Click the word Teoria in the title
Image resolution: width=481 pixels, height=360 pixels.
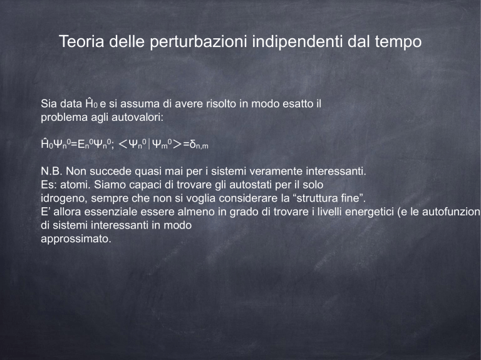[x=81, y=41]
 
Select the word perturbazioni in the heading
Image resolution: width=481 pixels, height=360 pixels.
[x=198, y=42]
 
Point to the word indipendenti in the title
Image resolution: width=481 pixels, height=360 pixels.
[x=297, y=42]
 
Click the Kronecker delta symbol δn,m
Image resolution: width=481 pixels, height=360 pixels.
[x=199, y=145]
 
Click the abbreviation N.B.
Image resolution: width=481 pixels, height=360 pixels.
[x=51, y=171]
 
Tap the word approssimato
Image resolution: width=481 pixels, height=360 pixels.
[x=76, y=239]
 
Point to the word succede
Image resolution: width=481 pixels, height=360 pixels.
[x=110, y=171]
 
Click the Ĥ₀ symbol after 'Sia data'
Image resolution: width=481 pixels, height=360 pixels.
[x=91, y=103]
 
